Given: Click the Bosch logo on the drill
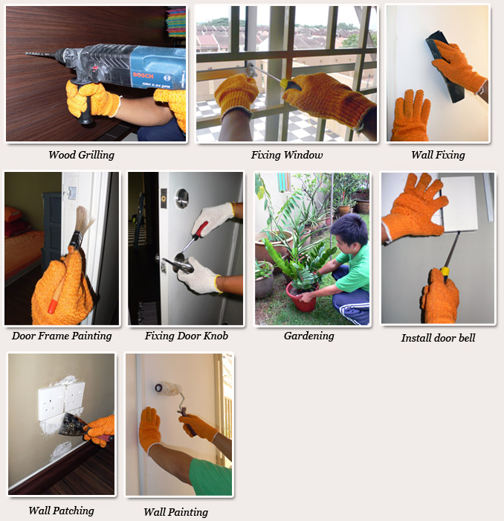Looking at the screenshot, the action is coord(143,75).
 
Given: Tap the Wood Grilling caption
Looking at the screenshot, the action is coord(81,155).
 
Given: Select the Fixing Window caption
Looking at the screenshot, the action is coord(287,155).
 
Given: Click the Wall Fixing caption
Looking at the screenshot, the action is coord(438,155).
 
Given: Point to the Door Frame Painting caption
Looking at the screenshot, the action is coord(62,336).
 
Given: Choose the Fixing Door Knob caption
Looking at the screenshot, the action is coord(186,336).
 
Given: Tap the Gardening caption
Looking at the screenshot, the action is coord(309,336).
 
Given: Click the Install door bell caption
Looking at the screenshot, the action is coord(438,338).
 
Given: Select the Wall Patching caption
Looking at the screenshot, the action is coord(62,511).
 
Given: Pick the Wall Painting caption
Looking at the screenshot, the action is coord(176,512).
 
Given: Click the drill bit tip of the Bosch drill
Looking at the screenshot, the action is coord(27,54).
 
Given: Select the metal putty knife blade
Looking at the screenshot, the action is coord(71,425).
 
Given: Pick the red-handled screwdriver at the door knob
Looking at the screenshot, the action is coord(193,240).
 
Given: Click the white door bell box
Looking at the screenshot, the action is coord(459,204).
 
